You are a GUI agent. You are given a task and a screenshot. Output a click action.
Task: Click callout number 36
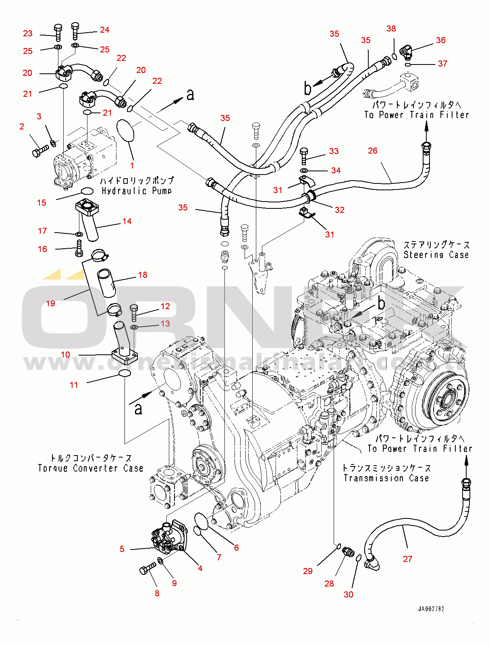[x=440, y=40]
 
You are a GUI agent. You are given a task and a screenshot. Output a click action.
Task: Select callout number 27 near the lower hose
[x=407, y=559]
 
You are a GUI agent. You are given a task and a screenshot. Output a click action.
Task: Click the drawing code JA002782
[x=431, y=609]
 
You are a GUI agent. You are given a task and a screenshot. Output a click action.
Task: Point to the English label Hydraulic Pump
[x=137, y=191]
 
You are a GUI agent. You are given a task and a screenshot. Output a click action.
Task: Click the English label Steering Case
[x=436, y=255]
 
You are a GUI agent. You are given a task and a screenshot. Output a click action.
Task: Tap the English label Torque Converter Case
[x=91, y=468]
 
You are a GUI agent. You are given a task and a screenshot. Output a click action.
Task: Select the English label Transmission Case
[x=386, y=478]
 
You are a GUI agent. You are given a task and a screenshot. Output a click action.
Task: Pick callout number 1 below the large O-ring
[x=132, y=165]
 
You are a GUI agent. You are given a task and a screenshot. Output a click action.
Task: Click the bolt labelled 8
[x=147, y=568]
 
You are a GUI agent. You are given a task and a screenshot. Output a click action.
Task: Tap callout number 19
[x=50, y=303]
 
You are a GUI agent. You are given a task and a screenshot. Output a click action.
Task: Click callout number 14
[x=127, y=221]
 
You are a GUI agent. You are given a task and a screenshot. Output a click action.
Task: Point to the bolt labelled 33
[x=304, y=156]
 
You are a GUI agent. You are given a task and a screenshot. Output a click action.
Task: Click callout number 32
[x=339, y=210]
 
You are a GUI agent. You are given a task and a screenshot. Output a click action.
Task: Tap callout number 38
[x=391, y=29]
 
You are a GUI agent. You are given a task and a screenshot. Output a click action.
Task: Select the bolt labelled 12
[x=134, y=312]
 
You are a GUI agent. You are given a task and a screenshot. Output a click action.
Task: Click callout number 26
[x=372, y=151]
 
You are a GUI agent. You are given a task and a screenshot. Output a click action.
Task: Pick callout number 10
[x=65, y=355]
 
